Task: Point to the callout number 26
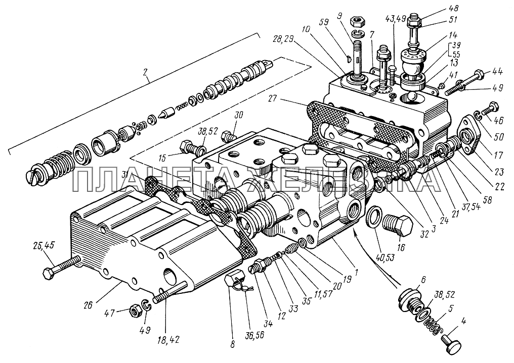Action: coord(89,305)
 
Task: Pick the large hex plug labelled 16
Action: coord(398,225)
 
